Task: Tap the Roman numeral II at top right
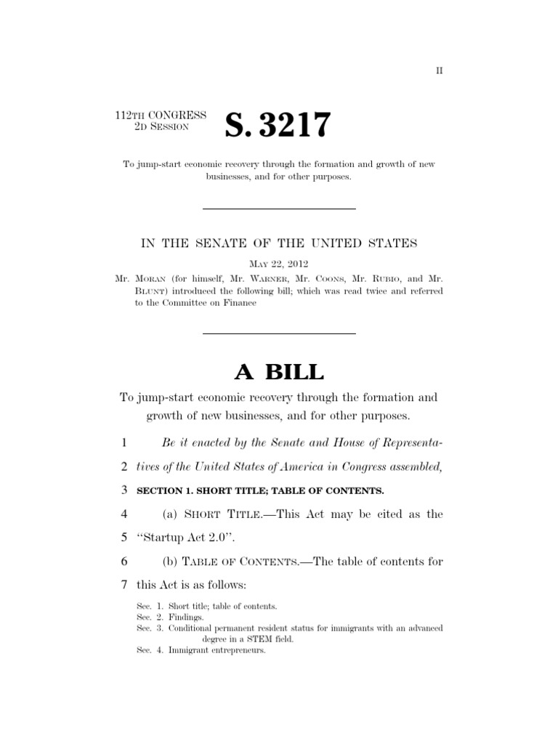click(439, 70)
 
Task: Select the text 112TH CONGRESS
click(161, 116)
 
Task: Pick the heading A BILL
click(279, 371)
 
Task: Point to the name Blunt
click(151, 291)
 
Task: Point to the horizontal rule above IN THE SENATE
click(279, 209)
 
